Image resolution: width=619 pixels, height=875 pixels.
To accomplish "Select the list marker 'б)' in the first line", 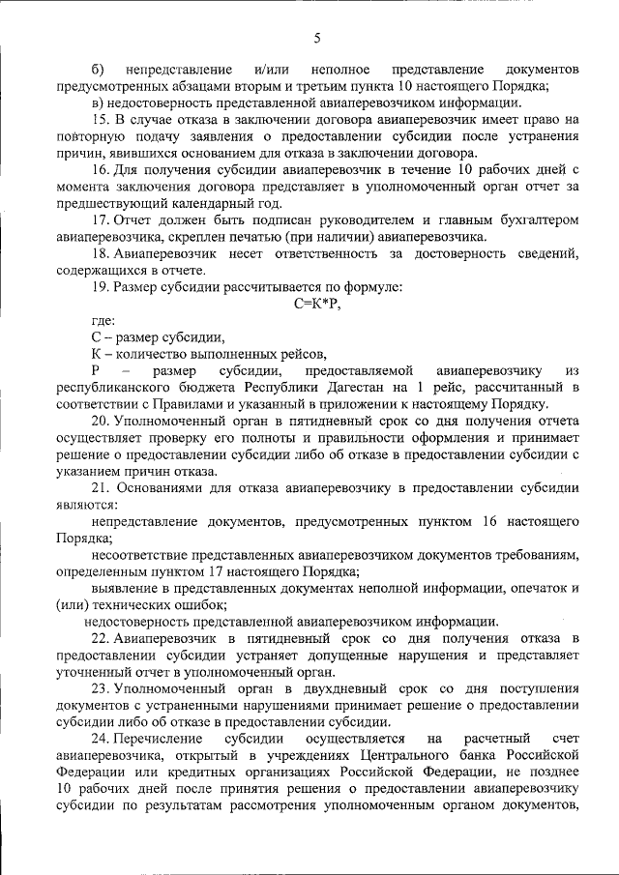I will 98,71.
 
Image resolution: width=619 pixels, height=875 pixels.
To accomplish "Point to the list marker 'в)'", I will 98,102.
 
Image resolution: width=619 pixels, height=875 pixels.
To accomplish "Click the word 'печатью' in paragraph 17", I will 295,237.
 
